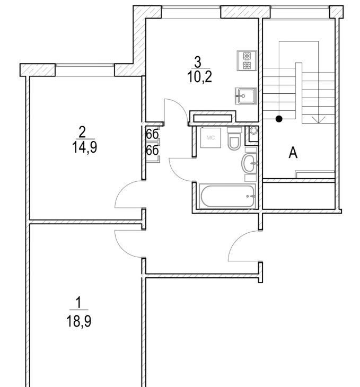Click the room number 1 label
point(79,303)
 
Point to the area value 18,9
point(79,322)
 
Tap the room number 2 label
point(82,132)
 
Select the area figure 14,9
point(84,147)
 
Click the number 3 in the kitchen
point(198,62)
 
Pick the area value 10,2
point(199,77)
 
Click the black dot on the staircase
point(279,119)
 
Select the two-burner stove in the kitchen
point(247,61)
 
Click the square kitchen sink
point(246,96)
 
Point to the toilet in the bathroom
point(234,139)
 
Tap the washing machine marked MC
point(210,138)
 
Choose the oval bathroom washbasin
point(250,163)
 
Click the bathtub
point(227,197)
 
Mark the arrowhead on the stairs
point(319,120)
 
